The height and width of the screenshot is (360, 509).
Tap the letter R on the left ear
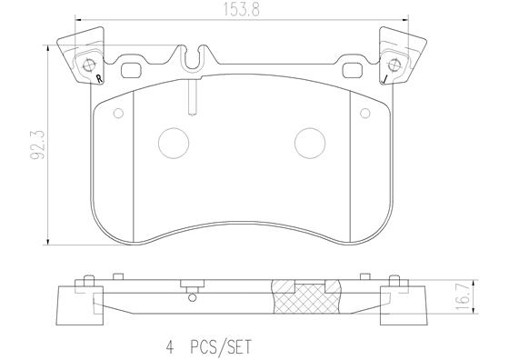97,80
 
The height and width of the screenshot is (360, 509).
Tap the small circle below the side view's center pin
192,297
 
